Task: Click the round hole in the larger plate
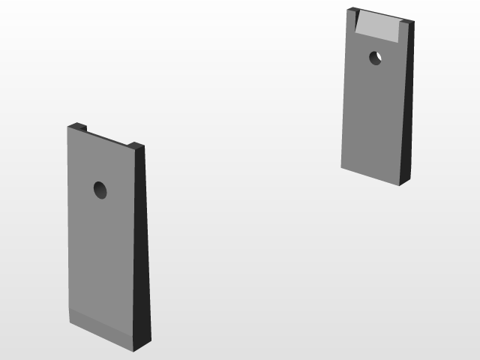pyautogui.click(x=100, y=190)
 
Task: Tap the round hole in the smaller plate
pyautogui.click(x=375, y=57)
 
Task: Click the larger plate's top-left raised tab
pyautogui.click(x=77, y=127)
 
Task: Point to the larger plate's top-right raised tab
pyautogui.click(x=136, y=145)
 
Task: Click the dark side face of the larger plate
pyautogui.click(x=142, y=247)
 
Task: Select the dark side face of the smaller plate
pyautogui.click(x=407, y=105)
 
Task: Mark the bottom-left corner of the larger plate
pyautogui.click(x=70, y=323)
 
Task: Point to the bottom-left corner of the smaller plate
pyautogui.click(x=342, y=167)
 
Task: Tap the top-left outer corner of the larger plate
pyautogui.click(x=67, y=126)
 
